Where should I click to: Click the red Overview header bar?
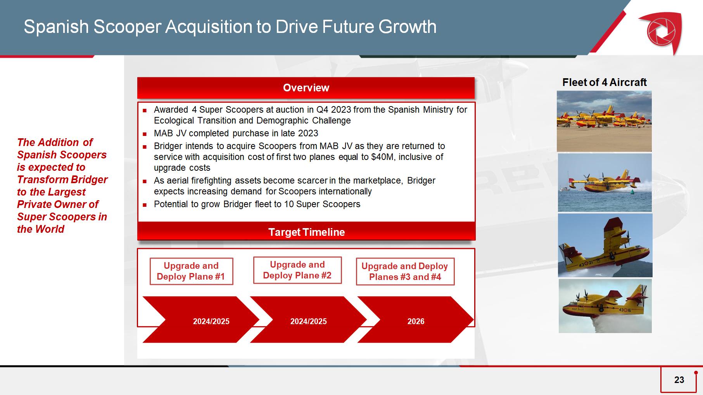[x=306, y=88]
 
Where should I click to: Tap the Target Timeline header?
[x=306, y=232]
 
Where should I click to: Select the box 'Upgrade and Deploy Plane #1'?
[x=191, y=271]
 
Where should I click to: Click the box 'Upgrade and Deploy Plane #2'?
[x=297, y=270]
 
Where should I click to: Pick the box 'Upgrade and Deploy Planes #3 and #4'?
[x=405, y=271]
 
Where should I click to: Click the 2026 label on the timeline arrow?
[x=416, y=321]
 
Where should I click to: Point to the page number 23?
[x=679, y=380]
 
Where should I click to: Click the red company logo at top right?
[x=660, y=32]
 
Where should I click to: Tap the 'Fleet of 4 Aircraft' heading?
[x=605, y=82]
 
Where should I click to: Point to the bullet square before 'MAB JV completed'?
[x=145, y=134]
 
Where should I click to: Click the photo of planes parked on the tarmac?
[x=604, y=121]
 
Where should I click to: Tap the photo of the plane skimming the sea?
[x=605, y=183]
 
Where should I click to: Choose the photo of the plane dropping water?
[x=605, y=306]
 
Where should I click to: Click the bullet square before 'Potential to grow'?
[x=145, y=205]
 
